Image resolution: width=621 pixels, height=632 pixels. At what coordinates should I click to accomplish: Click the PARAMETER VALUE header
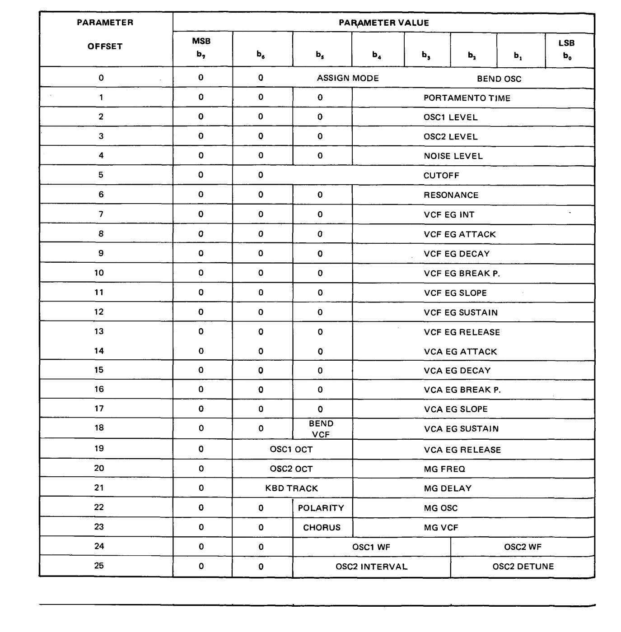383,23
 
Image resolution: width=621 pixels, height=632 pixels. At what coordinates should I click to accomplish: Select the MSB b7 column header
201,47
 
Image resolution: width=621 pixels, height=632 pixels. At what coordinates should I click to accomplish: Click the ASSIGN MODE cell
348,78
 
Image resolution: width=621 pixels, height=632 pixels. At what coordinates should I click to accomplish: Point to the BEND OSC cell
499,79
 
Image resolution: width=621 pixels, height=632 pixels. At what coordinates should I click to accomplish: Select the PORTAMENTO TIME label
467,98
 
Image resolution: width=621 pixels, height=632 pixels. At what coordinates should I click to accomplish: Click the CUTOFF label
441,176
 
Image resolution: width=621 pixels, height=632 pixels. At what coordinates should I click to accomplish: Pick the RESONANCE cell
451,195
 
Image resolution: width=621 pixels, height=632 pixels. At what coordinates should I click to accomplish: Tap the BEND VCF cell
321,429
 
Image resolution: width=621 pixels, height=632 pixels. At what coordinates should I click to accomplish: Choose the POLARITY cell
321,508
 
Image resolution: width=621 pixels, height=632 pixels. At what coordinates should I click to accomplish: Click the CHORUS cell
322,527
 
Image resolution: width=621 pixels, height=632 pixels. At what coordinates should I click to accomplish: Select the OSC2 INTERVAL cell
371,567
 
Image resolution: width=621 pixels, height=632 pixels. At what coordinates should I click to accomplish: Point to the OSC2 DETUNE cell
523,567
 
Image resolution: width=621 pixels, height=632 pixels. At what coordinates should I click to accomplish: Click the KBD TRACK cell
292,488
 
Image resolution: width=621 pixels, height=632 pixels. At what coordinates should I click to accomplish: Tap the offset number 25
99,566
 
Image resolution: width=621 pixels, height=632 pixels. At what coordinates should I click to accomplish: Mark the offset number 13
99,331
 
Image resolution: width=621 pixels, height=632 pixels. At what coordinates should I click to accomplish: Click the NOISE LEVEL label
453,156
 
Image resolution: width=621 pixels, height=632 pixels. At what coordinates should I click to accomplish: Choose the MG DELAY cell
448,488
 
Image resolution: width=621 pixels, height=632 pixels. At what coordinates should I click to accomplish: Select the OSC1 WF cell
371,547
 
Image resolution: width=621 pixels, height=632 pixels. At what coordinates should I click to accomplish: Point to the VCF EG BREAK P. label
462,274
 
